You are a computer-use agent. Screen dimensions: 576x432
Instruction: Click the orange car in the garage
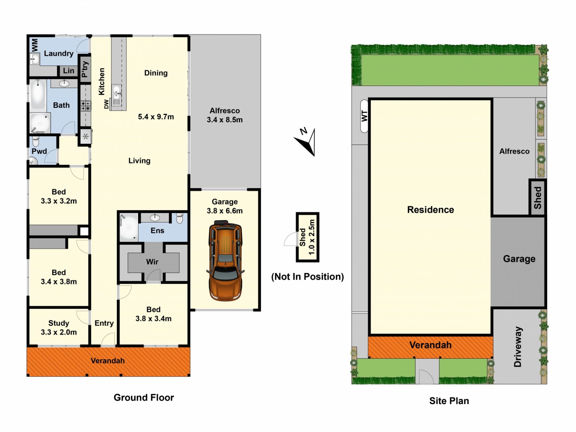[x=225, y=261]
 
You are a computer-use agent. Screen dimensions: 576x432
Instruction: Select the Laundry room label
[x=59, y=53]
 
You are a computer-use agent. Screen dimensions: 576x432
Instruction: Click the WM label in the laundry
[x=35, y=45]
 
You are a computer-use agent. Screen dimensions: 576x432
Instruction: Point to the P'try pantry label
[x=85, y=69]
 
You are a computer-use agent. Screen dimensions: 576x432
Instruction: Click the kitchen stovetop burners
[x=86, y=106]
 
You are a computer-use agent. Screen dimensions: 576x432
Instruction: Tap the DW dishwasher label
[x=106, y=104]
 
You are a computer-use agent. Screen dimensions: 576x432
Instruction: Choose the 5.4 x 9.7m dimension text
[x=156, y=117]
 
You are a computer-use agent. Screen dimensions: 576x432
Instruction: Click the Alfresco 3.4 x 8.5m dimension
[x=225, y=120]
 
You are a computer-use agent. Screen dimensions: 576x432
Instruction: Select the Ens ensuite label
[x=157, y=230]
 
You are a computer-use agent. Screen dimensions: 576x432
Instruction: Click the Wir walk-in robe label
[x=152, y=262]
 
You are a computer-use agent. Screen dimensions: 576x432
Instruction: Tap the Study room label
[x=59, y=323]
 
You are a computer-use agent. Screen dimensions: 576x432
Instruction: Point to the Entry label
[x=104, y=323]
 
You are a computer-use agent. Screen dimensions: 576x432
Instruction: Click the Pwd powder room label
[x=39, y=151]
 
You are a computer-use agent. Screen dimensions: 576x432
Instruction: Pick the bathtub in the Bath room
[x=38, y=94]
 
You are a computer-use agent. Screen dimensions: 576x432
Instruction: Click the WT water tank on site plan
[x=364, y=116]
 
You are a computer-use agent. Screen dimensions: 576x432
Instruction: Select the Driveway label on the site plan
[x=518, y=347]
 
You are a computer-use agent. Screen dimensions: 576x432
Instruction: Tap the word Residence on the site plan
[x=430, y=210]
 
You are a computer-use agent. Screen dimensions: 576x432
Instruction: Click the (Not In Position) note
[x=307, y=277]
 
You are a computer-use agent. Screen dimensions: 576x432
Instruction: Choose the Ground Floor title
[x=144, y=397]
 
